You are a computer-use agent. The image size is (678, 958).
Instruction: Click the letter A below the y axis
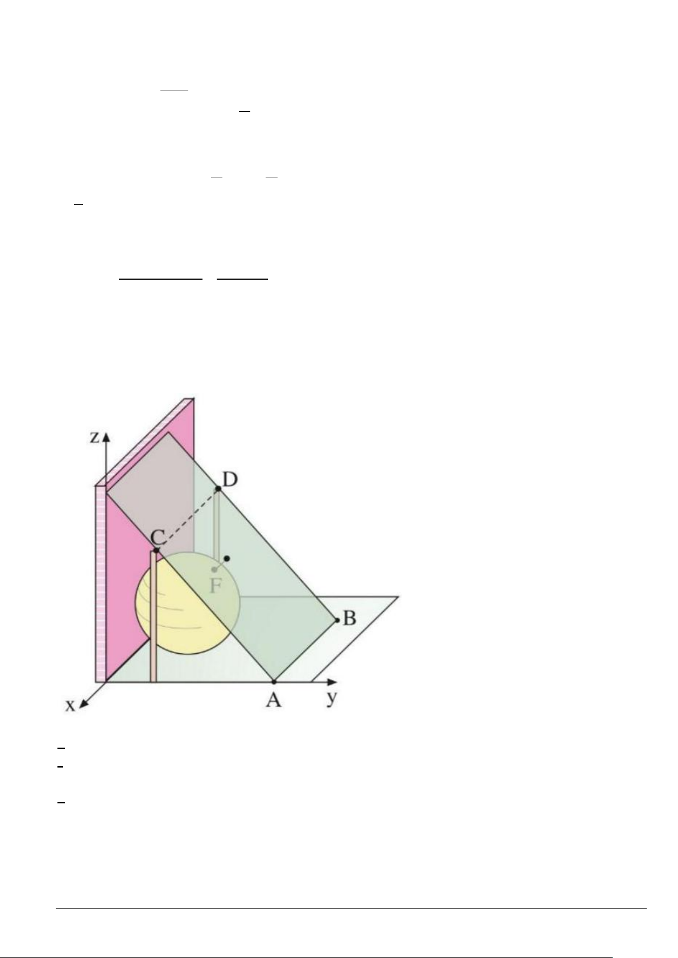[x=274, y=700]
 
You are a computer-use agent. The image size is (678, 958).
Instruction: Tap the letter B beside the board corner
[x=349, y=618]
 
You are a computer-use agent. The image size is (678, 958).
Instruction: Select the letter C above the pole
[x=158, y=536]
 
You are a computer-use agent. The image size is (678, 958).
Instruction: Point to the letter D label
[x=230, y=480]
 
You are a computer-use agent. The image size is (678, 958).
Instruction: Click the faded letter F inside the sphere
[x=216, y=586]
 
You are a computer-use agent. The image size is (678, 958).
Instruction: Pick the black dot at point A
[x=274, y=682]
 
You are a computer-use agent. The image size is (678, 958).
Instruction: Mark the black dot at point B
[x=337, y=620]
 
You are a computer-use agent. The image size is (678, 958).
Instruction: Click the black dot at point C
[x=156, y=550]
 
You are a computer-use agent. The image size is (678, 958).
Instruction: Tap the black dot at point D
[x=218, y=489]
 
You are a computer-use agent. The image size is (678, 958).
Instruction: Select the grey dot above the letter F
[x=214, y=570]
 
